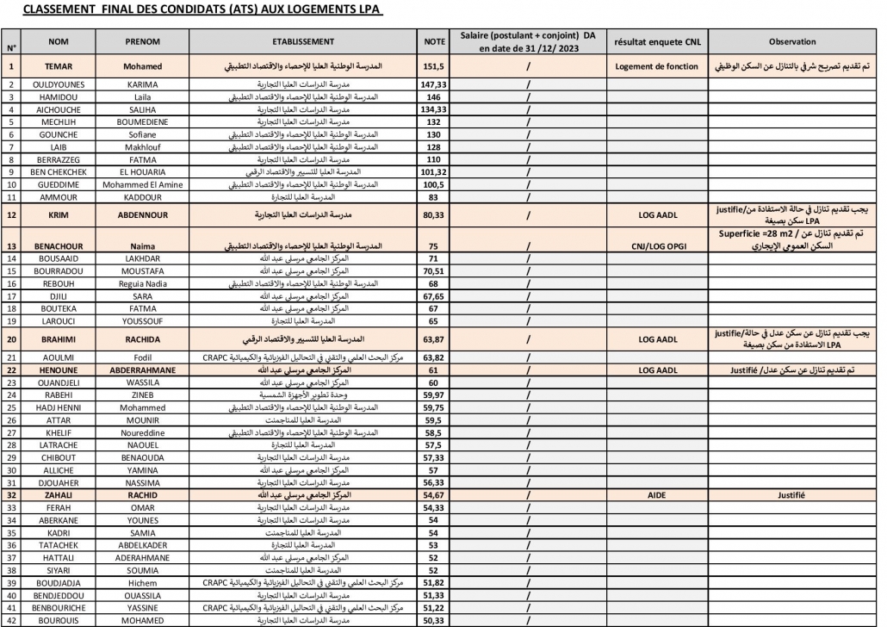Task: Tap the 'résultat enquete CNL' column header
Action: (x=660, y=41)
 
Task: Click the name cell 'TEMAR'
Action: (x=59, y=66)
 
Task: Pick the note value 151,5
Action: (x=433, y=66)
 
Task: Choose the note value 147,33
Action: (x=433, y=84)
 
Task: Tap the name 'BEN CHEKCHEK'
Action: (x=59, y=171)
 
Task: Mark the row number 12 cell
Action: (x=12, y=214)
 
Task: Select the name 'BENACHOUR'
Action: (x=59, y=245)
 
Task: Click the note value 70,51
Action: (x=433, y=270)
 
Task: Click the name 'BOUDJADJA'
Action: (x=59, y=582)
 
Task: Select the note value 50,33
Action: (x=433, y=619)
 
